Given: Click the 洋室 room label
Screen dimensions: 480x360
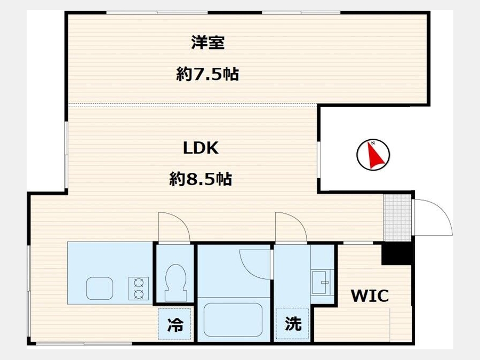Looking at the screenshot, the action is click(x=208, y=43).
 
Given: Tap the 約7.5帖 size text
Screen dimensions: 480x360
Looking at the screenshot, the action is click(x=207, y=74).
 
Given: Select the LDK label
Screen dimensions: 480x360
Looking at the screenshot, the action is click(x=201, y=148).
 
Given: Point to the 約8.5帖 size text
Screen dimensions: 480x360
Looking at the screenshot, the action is click(x=201, y=179).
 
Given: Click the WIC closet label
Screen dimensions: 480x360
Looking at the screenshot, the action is click(x=370, y=295).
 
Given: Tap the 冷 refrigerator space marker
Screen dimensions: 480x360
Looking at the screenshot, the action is click(x=175, y=324).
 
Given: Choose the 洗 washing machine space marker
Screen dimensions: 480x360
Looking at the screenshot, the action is click(x=293, y=324).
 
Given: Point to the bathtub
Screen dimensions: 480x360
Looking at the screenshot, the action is click(x=233, y=320).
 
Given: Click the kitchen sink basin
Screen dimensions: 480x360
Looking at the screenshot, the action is click(x=100, y=289).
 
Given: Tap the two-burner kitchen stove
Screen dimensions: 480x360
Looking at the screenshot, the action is click(x=139, y=289).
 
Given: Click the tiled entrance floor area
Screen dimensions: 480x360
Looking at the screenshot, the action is click(x=397, y=218).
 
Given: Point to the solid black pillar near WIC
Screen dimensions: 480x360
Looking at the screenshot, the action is click(x=397, y=253).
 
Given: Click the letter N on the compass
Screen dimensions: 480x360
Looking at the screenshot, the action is click(x=373, y=143).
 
